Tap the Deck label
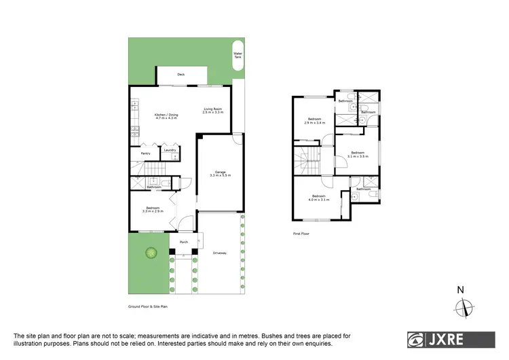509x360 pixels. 181,75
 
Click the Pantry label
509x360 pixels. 145,154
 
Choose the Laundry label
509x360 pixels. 170,150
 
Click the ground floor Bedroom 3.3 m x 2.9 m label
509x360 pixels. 152,210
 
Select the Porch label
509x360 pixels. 183,242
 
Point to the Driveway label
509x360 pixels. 219,253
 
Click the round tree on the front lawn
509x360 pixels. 151,253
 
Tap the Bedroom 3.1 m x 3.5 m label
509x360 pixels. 357,155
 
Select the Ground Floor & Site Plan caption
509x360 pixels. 147,306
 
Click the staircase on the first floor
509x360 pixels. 307,163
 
